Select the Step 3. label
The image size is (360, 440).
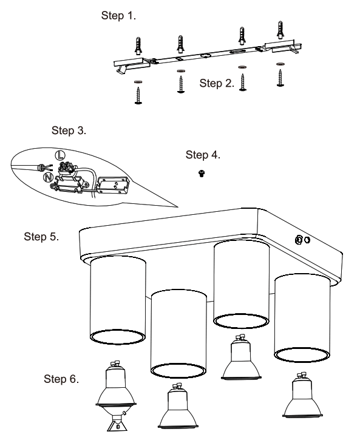tap(69, 130)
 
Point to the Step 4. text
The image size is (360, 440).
tap(203, 155)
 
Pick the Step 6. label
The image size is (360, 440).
tap(62, 379)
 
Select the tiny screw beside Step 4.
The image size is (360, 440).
tap(202, 173)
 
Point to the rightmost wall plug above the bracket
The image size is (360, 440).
tap(280, 32)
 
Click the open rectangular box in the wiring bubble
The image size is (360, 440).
tap(114, 184)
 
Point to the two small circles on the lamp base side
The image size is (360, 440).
tap(302, 240)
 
